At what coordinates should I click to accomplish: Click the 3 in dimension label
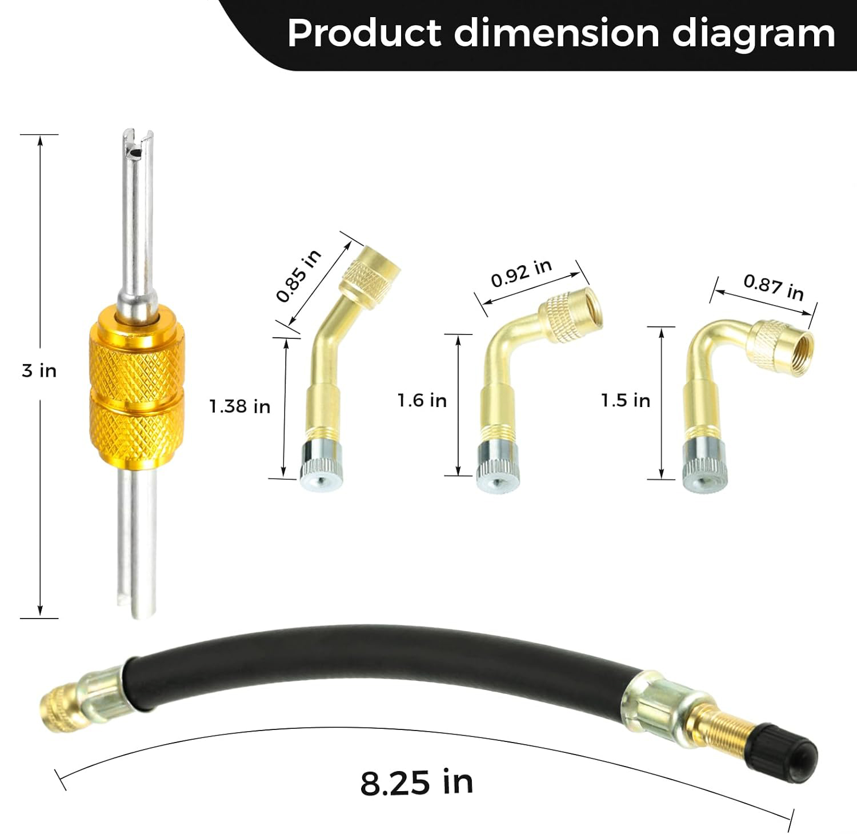[39, 370]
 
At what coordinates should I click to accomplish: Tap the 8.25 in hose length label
[417, 783]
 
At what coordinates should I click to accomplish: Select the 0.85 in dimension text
[299, 276]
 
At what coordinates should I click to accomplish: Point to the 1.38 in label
[239, 406]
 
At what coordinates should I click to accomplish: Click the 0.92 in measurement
[522, 273]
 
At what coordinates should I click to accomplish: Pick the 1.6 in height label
[422, 400]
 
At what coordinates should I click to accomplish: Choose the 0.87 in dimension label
[774, 287]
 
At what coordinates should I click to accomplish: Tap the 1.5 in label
[626, 400]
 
